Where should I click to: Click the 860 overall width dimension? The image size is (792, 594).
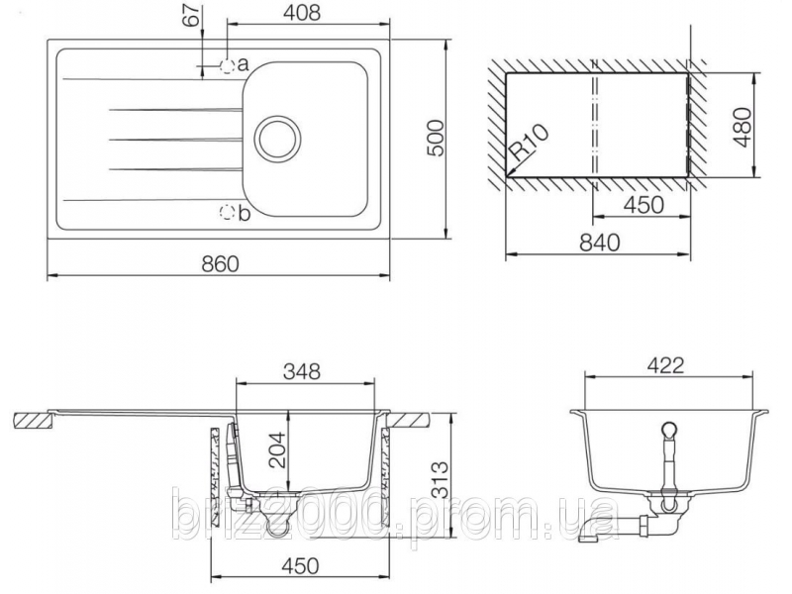pyautogui.click(x=219, y=262)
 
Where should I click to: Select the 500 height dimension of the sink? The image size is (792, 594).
pyautogui.click(x=433, y=145)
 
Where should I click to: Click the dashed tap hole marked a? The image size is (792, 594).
pyautogui.click(x=228, y=66)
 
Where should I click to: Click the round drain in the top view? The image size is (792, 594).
pyautogui.click(x=276, y=135)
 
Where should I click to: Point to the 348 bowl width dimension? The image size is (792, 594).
pyautogui.click(x=301, y=372)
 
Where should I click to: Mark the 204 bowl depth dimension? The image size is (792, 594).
pyautogui.click(x=278, y=456)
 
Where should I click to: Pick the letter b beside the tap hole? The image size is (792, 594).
pyautogui.click(x=244, y=212)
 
